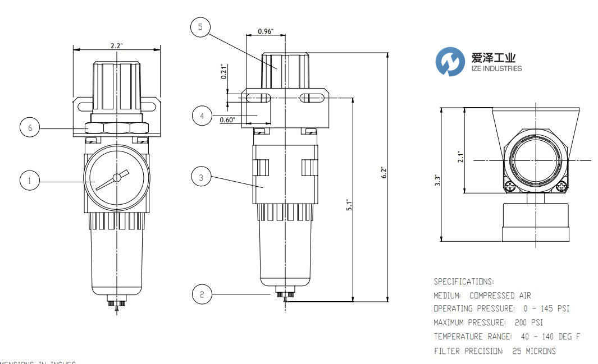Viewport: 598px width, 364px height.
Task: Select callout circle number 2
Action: point(200,293)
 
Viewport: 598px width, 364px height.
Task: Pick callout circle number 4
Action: point(200,116)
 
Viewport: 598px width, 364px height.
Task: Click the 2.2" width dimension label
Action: point(117,46)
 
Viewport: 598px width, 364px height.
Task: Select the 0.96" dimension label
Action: point(266,31)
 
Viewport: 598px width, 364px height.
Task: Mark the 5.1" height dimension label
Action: point(349,206)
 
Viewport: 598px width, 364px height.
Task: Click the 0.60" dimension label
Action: point(227,119)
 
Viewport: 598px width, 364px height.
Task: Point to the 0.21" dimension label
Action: point(223,73)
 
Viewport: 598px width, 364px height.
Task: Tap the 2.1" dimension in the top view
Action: point(460,155)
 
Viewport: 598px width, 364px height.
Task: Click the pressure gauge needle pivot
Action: point(116,178)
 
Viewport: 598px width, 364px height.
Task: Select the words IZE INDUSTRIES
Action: point(496,68)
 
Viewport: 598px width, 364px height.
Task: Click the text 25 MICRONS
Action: point(534,351)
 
